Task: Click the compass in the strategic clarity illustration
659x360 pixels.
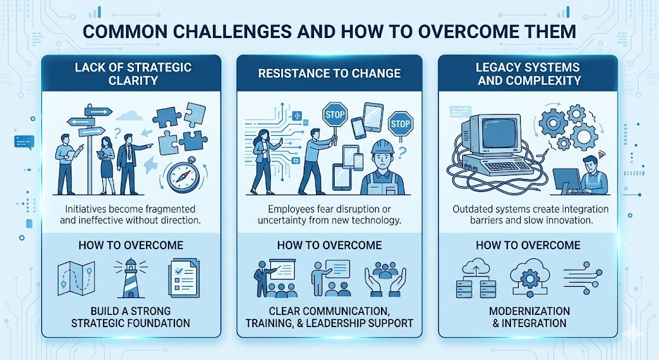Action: tap(181, 176)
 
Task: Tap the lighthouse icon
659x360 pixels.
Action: tap(130, 278)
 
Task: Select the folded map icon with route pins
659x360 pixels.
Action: tap(76, 278)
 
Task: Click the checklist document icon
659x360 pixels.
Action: tap(183, 278)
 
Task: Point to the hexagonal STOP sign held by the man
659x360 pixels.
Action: tap(335, 114)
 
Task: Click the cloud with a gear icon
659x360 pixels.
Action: tap(530, 278)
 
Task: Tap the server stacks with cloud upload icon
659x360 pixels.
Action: tap(477, 278)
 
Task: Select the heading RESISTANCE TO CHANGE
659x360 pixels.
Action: tap(329, 73)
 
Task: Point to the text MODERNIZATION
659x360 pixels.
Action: tap(529, 311)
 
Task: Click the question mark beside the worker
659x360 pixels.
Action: tap(402, 153)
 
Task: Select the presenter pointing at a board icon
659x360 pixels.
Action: tap(275, 278)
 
